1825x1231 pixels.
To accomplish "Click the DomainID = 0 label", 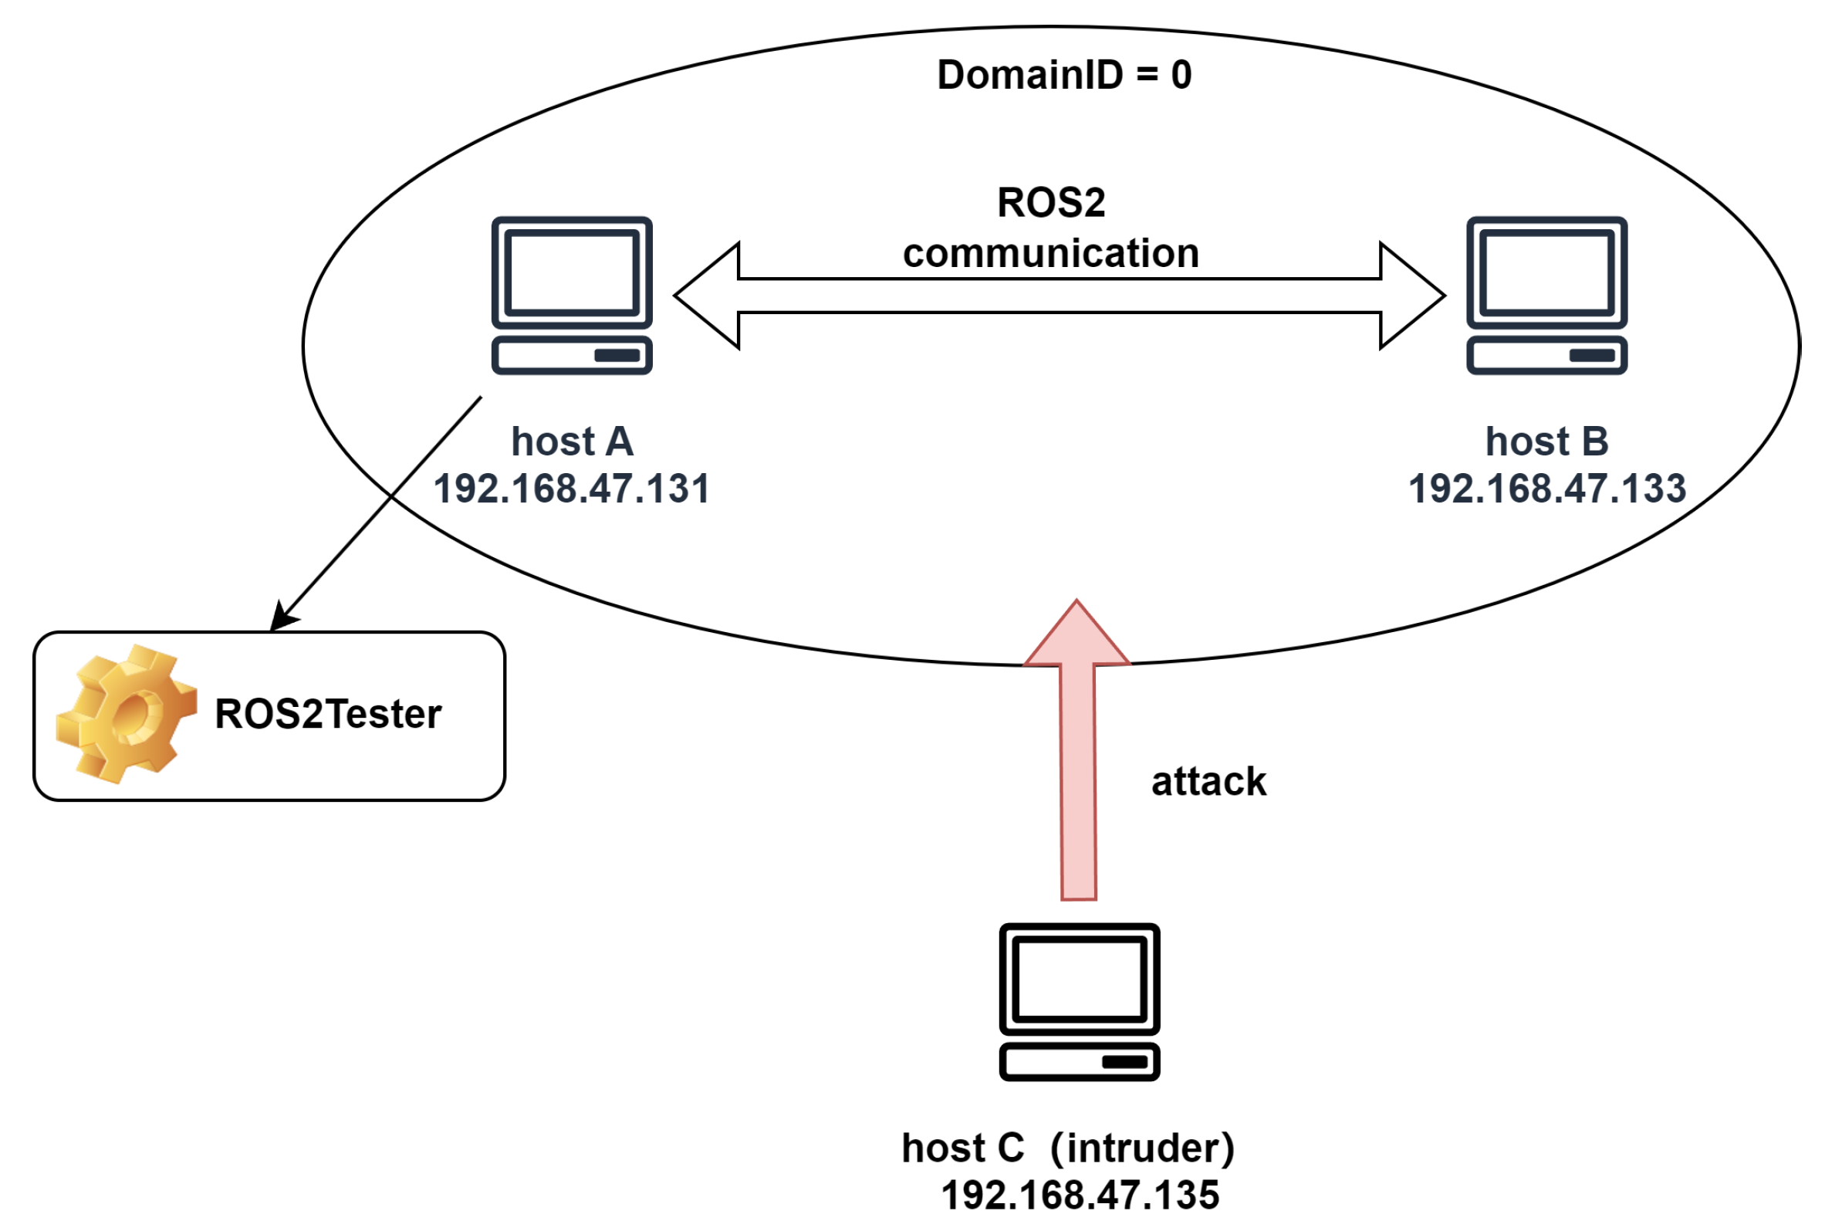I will click(x=1063, y=76).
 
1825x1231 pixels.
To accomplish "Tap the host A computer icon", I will click(x=572, y=295).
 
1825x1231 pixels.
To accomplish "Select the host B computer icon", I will click(x=1546, y=295).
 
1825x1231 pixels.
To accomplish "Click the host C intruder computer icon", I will click(x=1079, y=1002).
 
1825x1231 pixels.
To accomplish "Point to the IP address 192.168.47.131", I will click(x=572, y=489).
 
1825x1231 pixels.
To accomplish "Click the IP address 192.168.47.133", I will click(x=1546, y=489).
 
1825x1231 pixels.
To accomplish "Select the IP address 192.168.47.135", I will click(x=1080, y=1195).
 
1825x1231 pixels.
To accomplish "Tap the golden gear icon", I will click(x=126, y=714).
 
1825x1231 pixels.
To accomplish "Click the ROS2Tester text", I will click(x=328, y=715).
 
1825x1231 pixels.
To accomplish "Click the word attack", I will click(x=1208, y=782).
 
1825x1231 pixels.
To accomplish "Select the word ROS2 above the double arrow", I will click(x=1050, y=202).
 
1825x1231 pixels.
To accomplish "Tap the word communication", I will click(x=1050, y=254).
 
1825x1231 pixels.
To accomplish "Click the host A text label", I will click(x=572, y=441).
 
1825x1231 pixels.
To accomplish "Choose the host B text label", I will click(x=1546, y=441).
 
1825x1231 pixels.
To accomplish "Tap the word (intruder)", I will click(x=1142, y=1148).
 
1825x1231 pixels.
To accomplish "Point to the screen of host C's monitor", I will click(x=1079, y=978).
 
